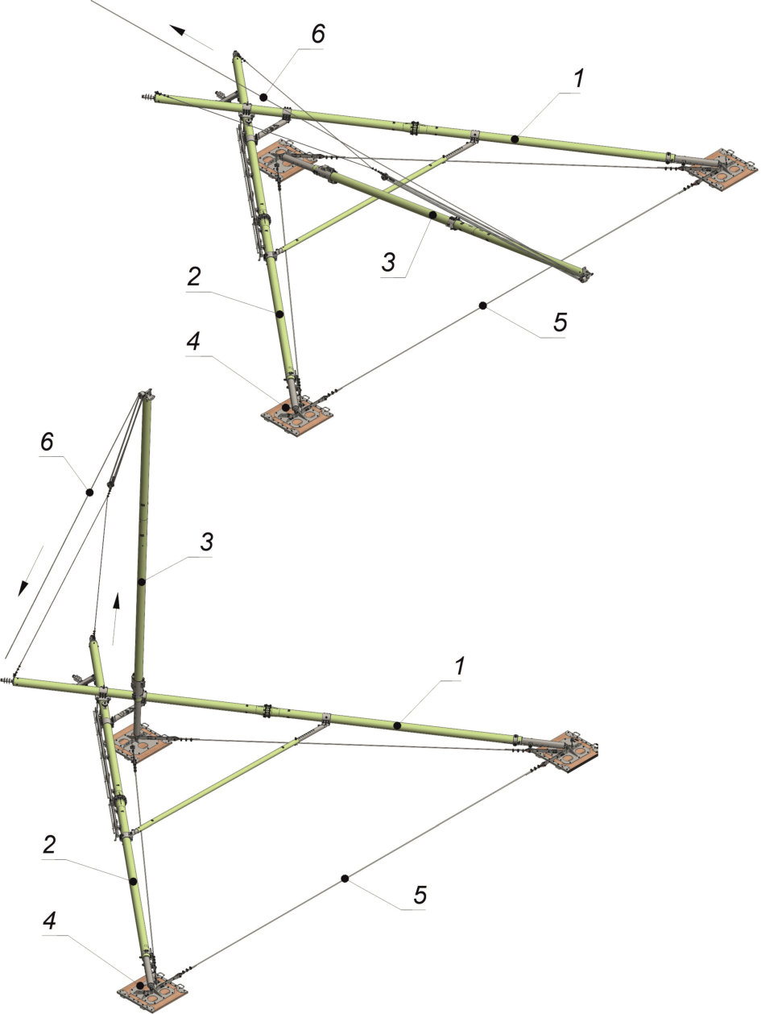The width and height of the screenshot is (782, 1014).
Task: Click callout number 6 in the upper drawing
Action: coord(318,34)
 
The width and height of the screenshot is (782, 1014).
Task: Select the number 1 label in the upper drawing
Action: coord(578,78)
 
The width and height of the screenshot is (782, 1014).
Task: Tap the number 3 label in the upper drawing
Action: coord(388,262)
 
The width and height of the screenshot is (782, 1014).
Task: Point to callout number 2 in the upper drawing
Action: coord(194,276)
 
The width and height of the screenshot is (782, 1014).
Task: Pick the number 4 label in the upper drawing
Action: coord(193,341)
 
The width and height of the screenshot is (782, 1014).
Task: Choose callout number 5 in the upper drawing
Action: coord(560,322)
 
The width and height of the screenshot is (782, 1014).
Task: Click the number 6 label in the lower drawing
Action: coord(47,442)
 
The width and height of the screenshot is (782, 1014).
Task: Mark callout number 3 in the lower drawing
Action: coord(206,542)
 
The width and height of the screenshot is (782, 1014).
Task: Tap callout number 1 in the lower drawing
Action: coord(460,666)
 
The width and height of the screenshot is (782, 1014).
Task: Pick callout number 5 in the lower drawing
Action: coord(420,895)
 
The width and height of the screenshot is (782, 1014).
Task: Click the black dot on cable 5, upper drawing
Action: coord(482,305)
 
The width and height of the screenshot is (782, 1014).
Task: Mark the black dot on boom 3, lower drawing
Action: coord(141,582)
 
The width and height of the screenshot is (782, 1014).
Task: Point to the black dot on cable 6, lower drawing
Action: coord(89,492)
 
